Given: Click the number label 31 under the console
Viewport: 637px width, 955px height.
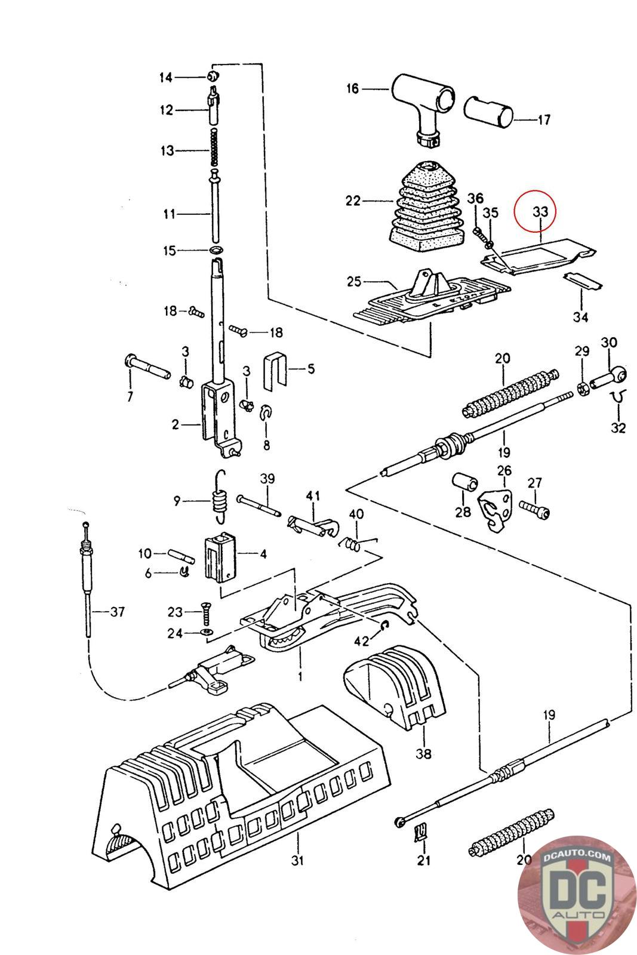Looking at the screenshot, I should click(297, 860).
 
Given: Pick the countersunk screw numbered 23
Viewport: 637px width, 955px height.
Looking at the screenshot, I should click(205, 611).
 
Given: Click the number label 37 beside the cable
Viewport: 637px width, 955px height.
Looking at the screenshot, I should click(117, 611).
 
